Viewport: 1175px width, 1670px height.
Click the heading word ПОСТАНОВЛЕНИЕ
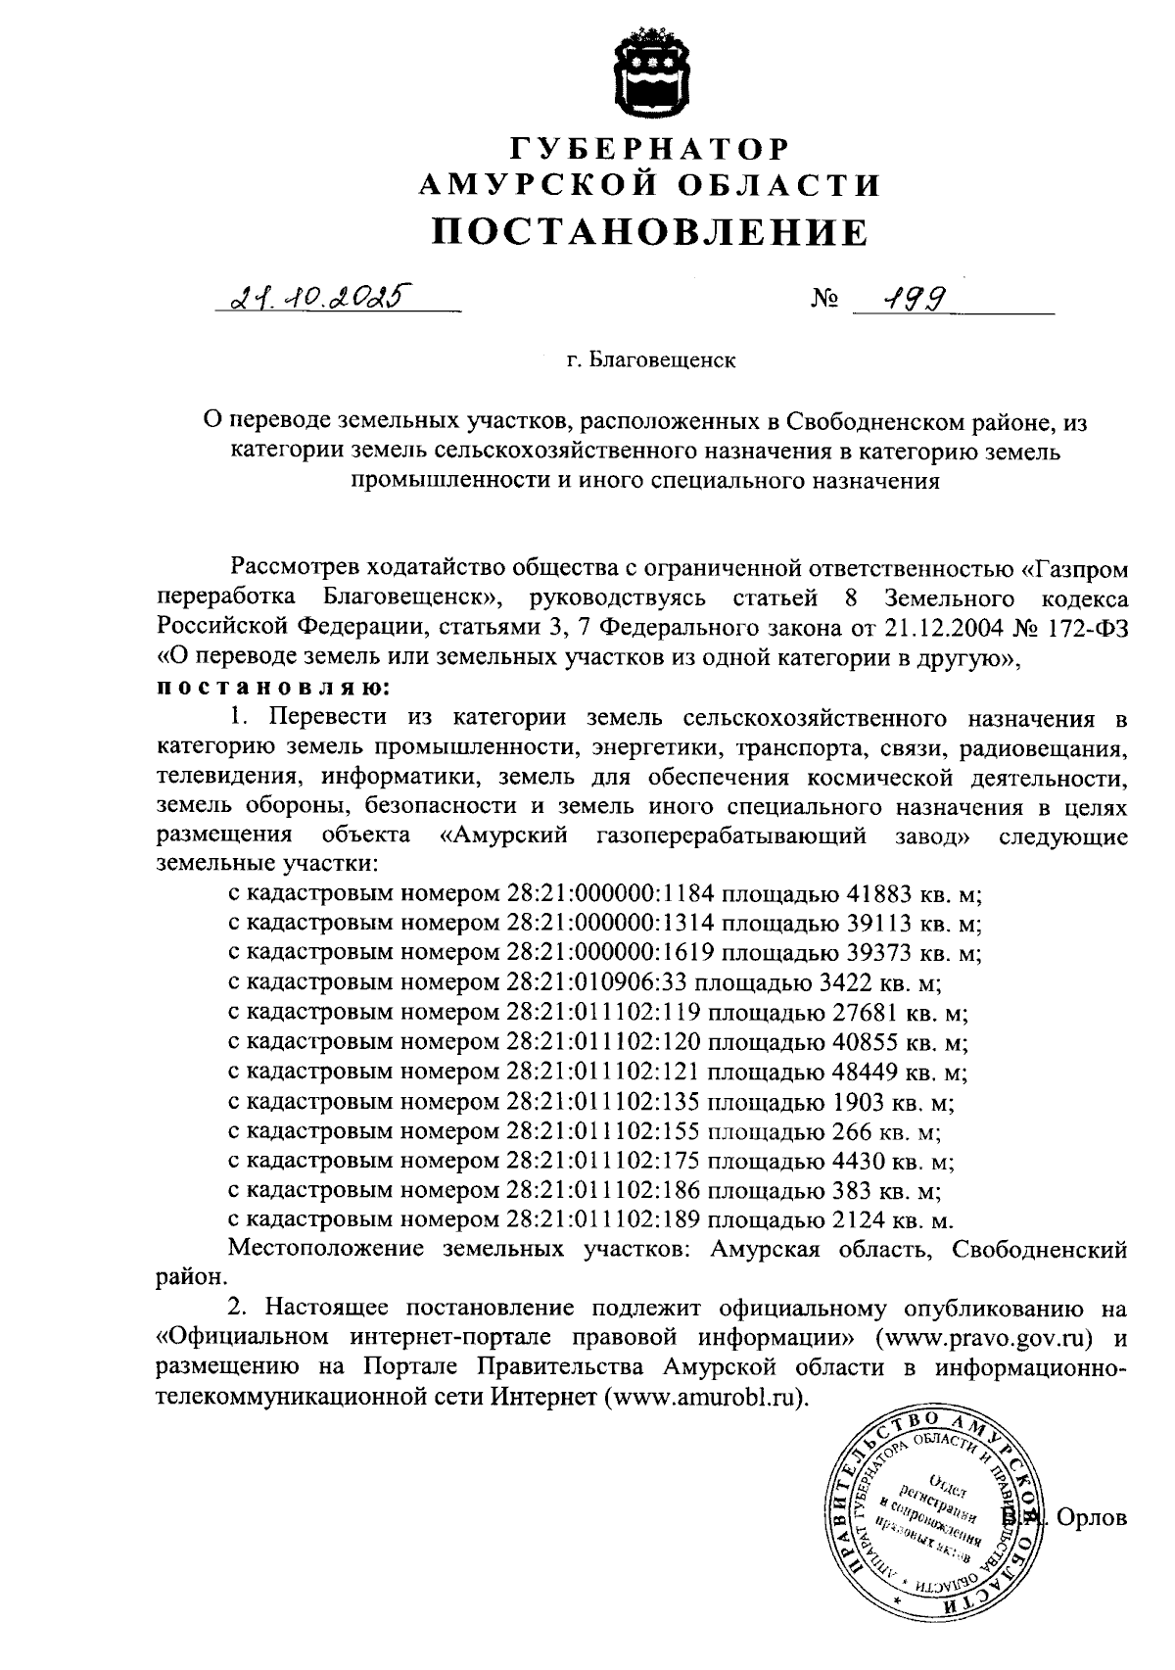click(650, 231)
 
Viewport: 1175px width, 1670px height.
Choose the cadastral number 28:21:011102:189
click(603, 1220)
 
